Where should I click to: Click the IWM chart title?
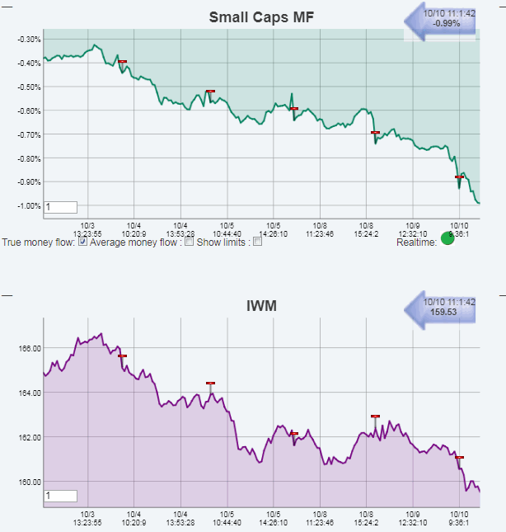click(x=260, y=306)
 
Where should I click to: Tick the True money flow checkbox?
click(x=82, y=242)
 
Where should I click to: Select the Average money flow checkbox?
click(x=190, y=242)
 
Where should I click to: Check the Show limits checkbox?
click(x=258, y=242)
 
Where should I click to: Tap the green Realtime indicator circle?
click(x=447, y=239)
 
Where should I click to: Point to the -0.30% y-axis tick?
click(x=30, y=40)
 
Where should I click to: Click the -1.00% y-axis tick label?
click(x=30, y=205)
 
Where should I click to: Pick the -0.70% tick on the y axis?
click(x=30, y=134)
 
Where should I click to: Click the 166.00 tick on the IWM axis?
click(x=30, y=348)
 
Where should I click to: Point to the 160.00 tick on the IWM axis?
click(x=30, y=482)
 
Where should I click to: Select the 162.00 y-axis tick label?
click(x=30, y=437)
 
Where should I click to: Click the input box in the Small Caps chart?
click(x=61, y=207)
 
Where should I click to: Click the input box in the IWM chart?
click(x=61, y=496)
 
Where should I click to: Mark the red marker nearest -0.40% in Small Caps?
click(x=122, y=61)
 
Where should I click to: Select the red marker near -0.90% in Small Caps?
click(x=460, y=177)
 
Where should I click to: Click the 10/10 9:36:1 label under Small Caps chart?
click(x=459, y=226)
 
